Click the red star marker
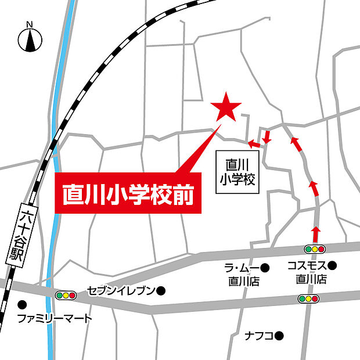[226, 108]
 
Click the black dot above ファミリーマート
[22, 304]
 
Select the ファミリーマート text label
[55, 319]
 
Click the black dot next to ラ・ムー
[265, 268]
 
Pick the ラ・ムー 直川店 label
[243, 274]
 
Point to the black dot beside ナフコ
[279, 335]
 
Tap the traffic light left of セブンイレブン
[66, 295]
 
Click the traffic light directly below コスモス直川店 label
[308, 298]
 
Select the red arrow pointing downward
[267, 138]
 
